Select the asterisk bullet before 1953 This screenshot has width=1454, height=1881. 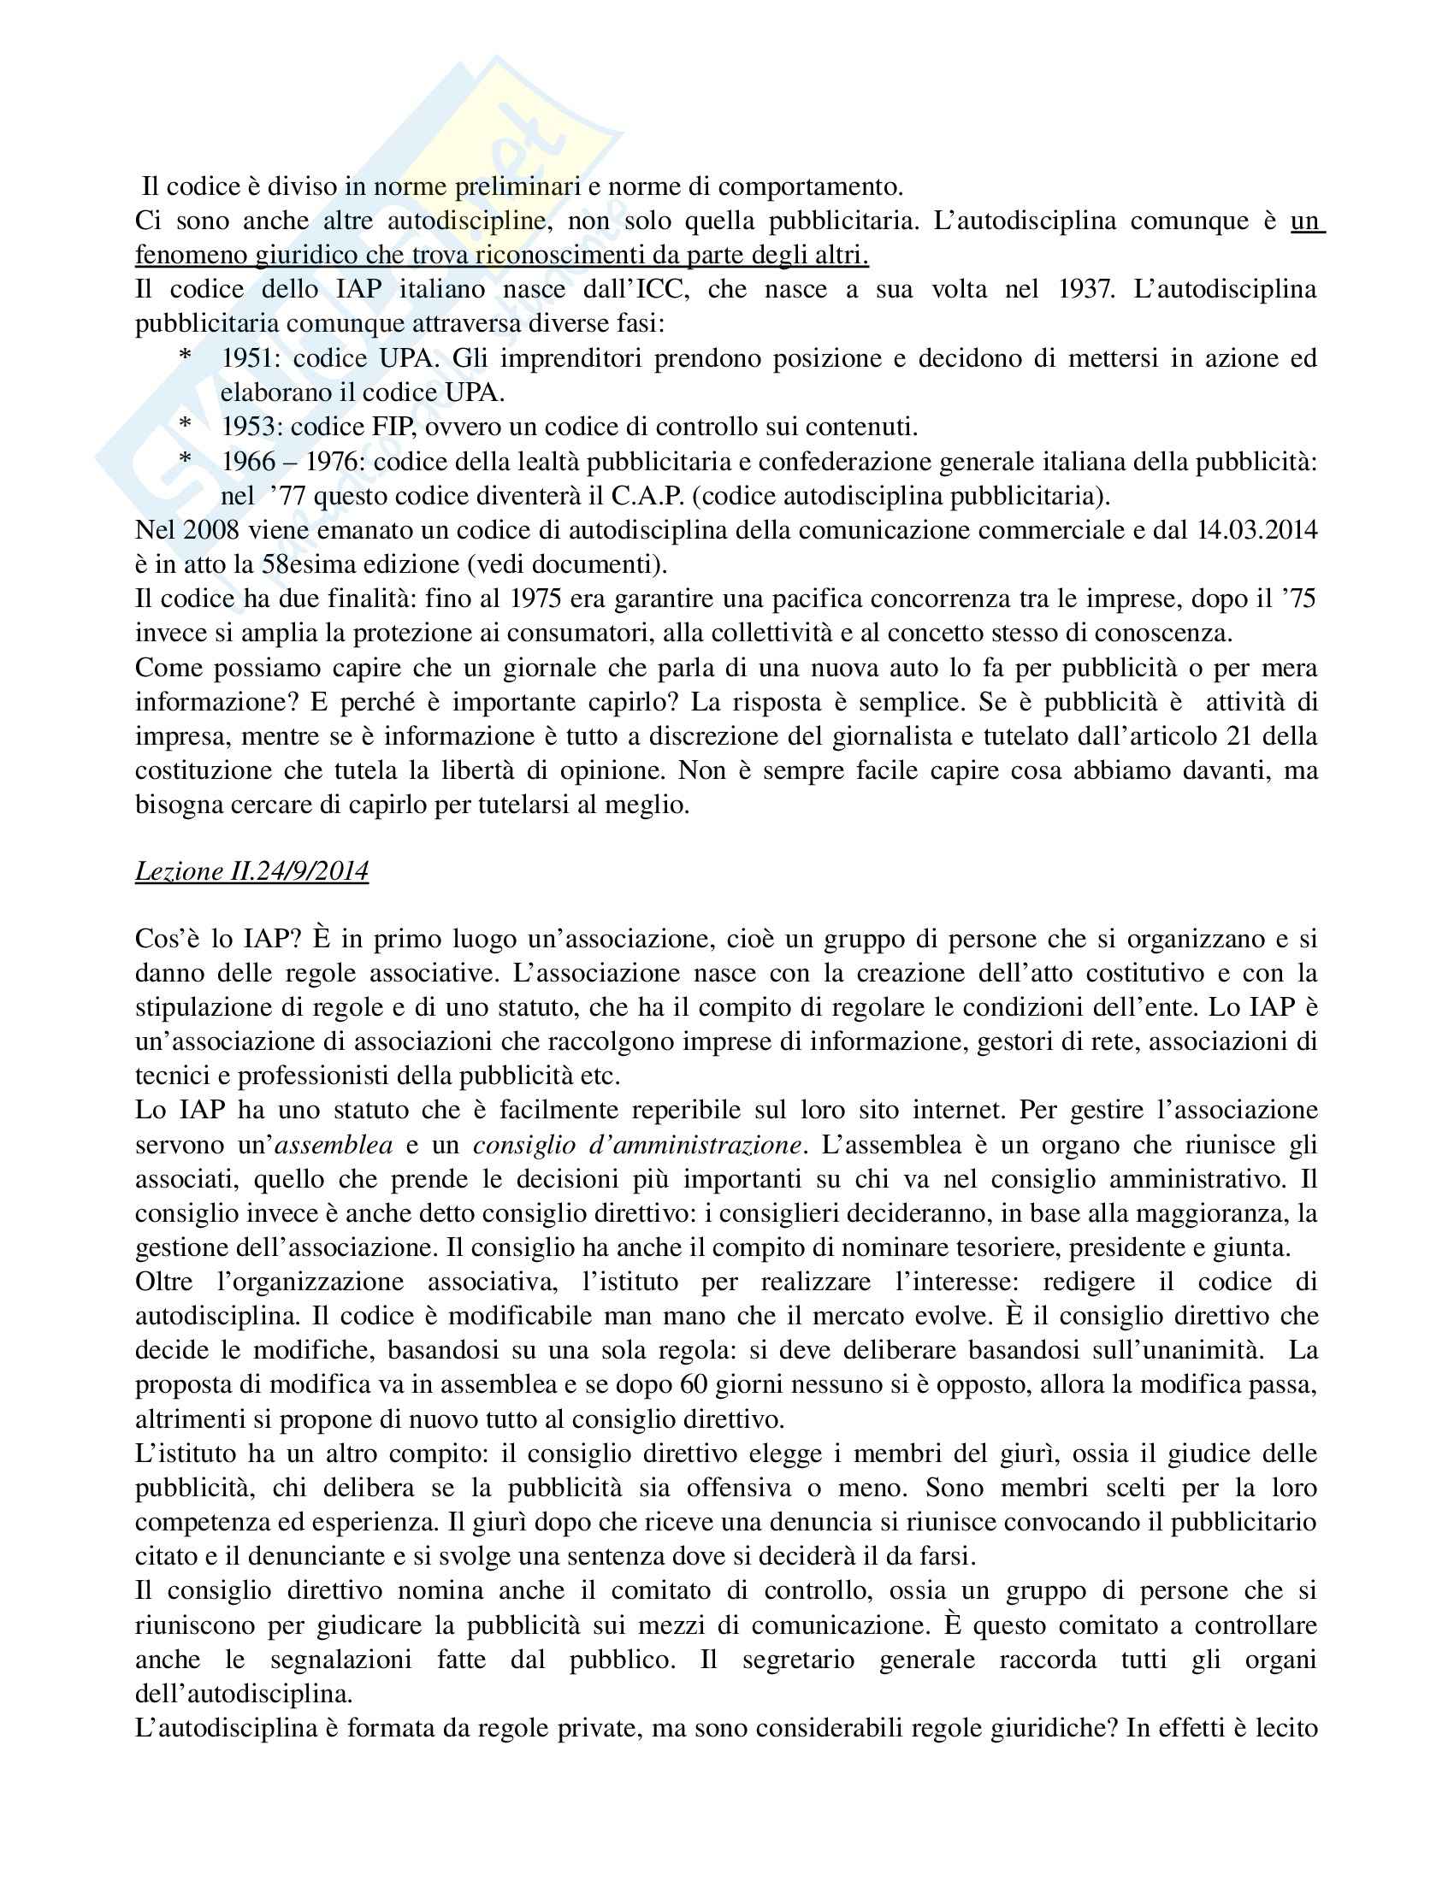click(186, 425)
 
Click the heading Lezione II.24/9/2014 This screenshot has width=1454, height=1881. click(251, 871)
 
